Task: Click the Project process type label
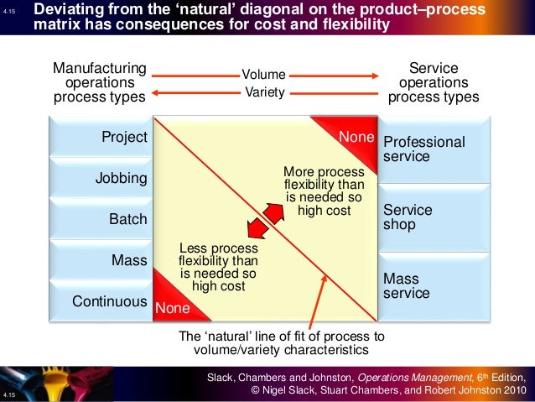[x=124, y=137]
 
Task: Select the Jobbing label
[x=122, y=178]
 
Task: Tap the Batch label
[x=127, y=219]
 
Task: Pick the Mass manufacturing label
[x=129, y=260]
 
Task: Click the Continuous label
[x=110, y=300]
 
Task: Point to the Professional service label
[x=423, y=149]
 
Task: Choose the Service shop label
[x=408, y=217]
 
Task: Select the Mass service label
[x=407, y=285]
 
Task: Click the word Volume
[x=264, y=76]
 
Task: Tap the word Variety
[x=264, y=92]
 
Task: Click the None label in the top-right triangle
[x=355, y=136]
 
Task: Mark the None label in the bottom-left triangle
[x=173, y=309]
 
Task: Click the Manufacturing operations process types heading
[x=99, y=82]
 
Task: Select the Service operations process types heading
[x=434, y=82]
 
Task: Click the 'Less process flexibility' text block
[x=218, y=267]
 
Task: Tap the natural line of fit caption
[x=282, y=342]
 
